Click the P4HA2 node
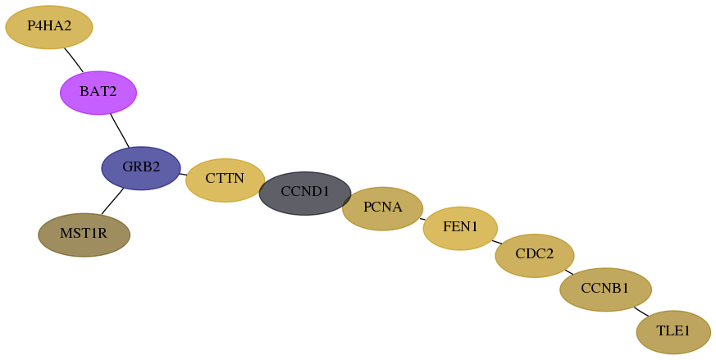(x=49, y=27)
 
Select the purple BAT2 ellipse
(x=98, y=93)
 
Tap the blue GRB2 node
(x=141, y=168)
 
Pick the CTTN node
(x=225, y=180)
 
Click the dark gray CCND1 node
(x=304, y=194)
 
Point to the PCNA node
(x=383, y=208)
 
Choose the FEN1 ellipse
(x=460, y=228)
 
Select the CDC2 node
(x=534, y=255)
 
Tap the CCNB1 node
(x=605, y=289)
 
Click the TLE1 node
(x=673, y=332)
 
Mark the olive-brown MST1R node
(x=84, y=235)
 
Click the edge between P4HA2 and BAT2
(x=74, y=60)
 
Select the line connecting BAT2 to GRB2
(x=120, y=130)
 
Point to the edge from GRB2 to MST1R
(x=112, y=201)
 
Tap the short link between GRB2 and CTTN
(x=183, y=174)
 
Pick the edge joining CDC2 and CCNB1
(x=569, y=272)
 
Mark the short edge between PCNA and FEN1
(x=423, y=219)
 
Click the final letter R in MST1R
(x=103, y=234)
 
